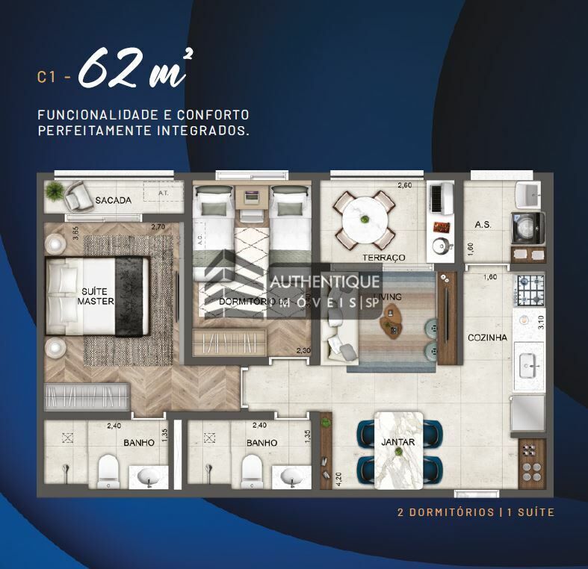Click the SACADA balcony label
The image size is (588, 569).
pyautogui.click(x=114, y=200)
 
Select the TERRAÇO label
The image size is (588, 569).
pyautogui.click(x=383, y=258)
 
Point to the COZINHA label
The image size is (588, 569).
pyautogui.click(x=487, y=338)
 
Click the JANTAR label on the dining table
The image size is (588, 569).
pyautogui.click(x=397, y=442)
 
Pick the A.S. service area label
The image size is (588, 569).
pyautogui.click(x=482, y=225)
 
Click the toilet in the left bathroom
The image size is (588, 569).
pyautogui.click(x=109, y=470)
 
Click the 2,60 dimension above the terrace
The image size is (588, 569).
pyautogui.click(x=404, y=185)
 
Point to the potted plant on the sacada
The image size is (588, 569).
pyautogui.click(x=53, y=190)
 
